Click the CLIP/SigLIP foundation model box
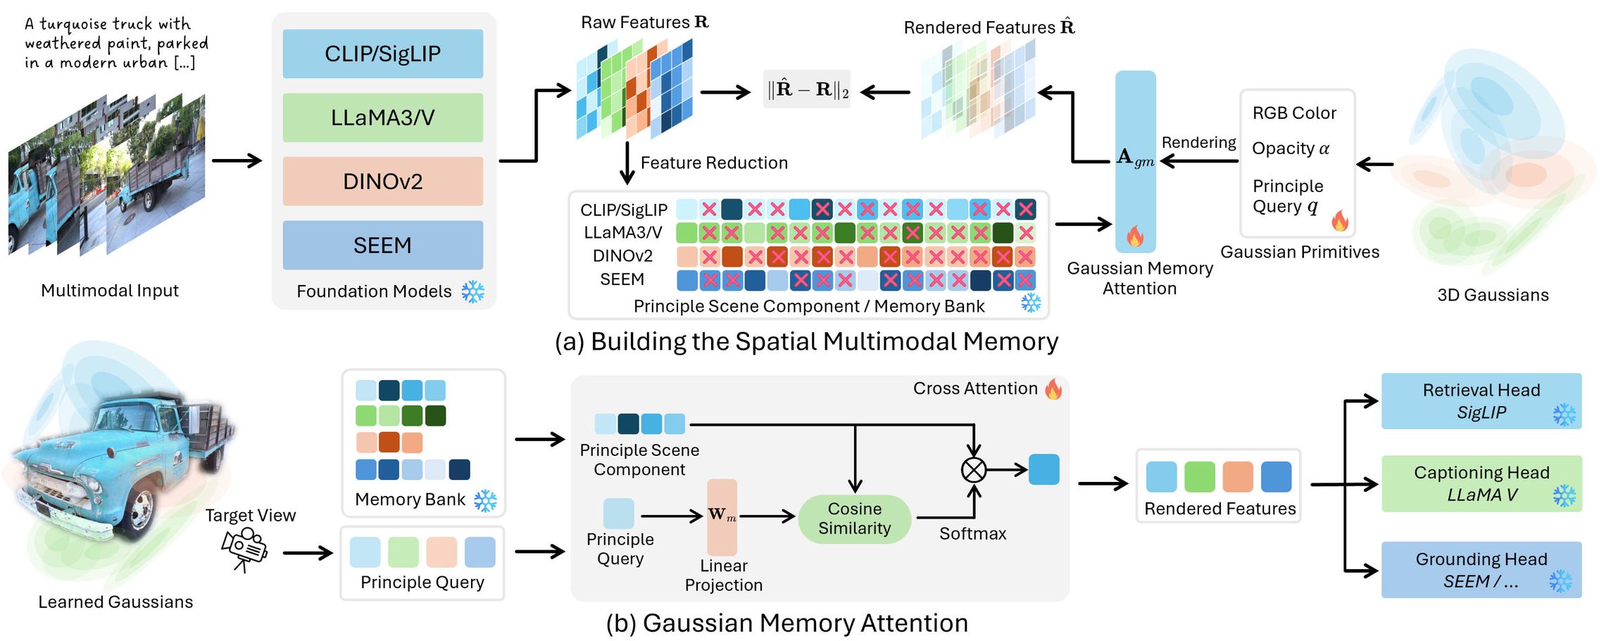(x=382, y=53)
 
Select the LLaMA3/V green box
(x=382, y=118)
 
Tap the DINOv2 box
(x=382, y=182)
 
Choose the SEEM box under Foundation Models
(x=382, y=245)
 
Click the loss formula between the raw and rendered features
(x=807, y=89)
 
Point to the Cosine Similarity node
(x=854, y=519)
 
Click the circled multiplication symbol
(x=974, y=469)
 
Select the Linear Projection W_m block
(x=722, y=517)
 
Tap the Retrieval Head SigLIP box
(x=1481, y=401)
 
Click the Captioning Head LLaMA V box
(x=1481, y=483)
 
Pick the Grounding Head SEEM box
(x=1481, y=570)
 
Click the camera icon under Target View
(x=244, y=549)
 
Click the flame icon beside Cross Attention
(x=1053, y=388)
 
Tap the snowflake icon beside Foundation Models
(x=473, y=291)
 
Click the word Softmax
(x=972, y=533)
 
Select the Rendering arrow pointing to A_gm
(x=1198, y=161)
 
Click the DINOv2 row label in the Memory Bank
(x=622, y=255)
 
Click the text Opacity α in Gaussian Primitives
(x=1290, y=148)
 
